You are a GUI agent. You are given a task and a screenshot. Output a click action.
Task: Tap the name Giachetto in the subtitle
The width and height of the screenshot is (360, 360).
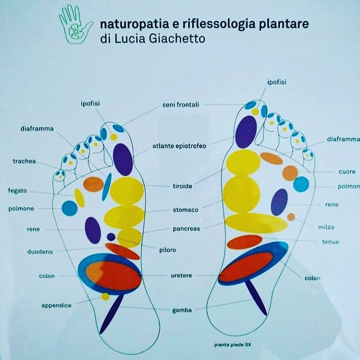click(x=177, y=39)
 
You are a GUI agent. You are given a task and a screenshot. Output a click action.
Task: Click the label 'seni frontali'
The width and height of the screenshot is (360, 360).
click(x=181, y=105)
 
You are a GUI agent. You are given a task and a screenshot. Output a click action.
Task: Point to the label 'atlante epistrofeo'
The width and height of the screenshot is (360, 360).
click(x=179, y=146)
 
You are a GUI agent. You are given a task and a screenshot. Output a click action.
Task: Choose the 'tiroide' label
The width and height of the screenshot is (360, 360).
click(x=183, y=186)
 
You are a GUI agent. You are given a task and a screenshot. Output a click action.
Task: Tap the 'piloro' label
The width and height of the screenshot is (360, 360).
click(x=168, y=250)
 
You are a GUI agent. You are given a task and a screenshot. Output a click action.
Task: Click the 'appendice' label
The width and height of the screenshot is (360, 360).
click(x=57, y=305)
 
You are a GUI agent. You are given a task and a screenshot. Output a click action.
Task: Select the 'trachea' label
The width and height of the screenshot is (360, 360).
click(x=24, y=161)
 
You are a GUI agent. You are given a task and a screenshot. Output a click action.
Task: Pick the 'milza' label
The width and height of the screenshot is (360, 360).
click(x=326, y=227)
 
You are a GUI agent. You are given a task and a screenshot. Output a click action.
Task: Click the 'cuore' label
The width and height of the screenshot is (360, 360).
click(x=347, y=172)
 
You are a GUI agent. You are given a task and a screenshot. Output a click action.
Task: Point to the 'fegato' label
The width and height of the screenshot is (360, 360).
click(x=17, y=191)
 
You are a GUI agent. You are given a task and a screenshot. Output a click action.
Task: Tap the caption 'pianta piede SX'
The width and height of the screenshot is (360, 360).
click(x=233, y=345)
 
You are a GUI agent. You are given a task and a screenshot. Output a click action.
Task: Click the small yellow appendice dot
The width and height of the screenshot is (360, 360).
click(x=106, y=296)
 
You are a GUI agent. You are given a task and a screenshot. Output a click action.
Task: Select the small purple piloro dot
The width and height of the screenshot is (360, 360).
click(x=111, y=237)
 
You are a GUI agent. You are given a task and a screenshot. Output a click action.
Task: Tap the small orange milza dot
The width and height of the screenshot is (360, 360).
click(x=291, y=217)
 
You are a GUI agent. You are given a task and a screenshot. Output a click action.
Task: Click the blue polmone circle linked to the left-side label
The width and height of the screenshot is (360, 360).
click(x=69, y=208)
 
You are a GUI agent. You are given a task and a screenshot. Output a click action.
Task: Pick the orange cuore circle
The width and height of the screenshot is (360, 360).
click(x=290, y=173)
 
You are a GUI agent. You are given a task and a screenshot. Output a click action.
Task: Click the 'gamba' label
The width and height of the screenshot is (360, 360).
click(x=182, y=311)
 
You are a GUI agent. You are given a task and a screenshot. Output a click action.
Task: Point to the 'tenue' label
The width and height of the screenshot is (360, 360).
click(x=330, y=242)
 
